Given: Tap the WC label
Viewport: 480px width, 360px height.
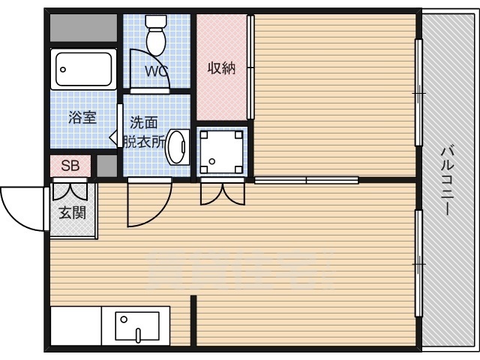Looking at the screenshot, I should pyautogui.click(x=156, y=72).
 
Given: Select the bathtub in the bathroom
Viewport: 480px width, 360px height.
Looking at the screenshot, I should pyautogui.click(x=83, y=70).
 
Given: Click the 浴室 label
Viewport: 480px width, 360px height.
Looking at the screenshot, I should pyautogui.click(x=81, y=117).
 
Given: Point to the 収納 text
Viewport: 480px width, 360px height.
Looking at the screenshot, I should pyautogui.click(x=221, y=68).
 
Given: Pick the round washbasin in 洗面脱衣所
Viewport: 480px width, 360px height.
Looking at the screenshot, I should pyautogui.click(x=177, y=147).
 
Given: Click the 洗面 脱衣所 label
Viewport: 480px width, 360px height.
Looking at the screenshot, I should pyautogui.click(x=144, y=131).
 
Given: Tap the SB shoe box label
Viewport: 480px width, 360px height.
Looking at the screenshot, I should pyautogui.click(x=70, y=166).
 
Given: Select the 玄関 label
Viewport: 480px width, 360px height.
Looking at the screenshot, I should pyautogui.click(x=72, y=212).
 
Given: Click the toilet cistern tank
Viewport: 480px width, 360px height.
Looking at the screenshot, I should pyautogui.click(x=157, y=21).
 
